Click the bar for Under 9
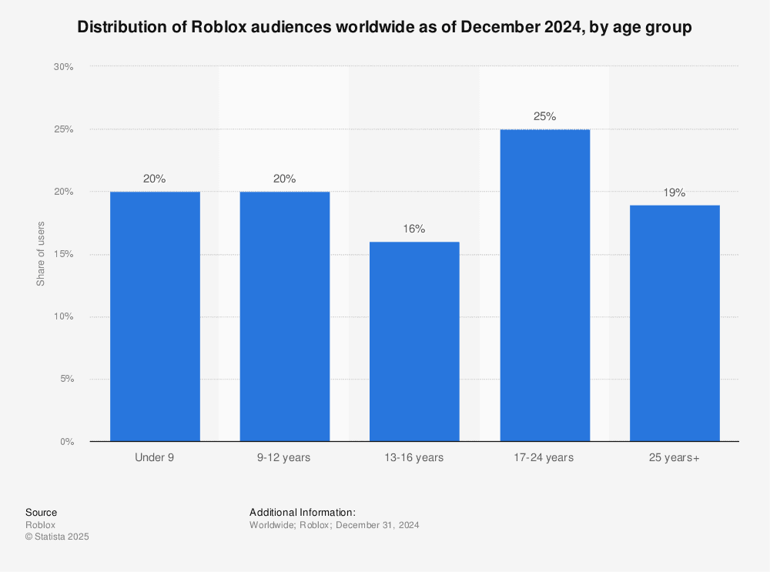coord(155,316)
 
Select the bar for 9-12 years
coord(285,316)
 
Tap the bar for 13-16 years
coord(414,341)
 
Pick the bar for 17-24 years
coord(544,285)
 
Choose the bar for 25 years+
coord(675,323)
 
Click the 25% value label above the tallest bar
coord(544,117)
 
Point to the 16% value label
coord(414,229)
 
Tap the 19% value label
coord(675,192)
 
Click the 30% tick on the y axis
coord(63,67)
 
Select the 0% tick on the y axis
coord(66,442)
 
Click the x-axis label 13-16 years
coord(414,457)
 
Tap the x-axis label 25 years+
coord(675,457)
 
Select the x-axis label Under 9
coord(155,457)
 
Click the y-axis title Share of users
coord(41,254)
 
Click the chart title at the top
coord(384,28)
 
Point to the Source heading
coord(41,512)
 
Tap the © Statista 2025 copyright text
coord(57,537)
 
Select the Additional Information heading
coord(303,512)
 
